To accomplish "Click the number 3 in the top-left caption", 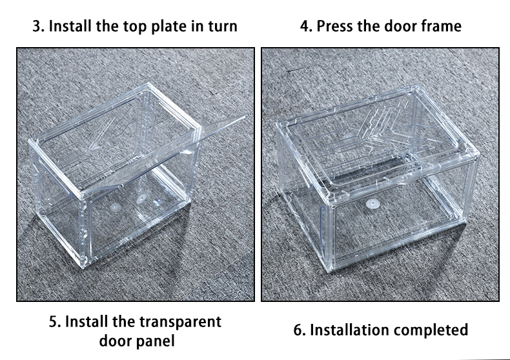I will [x=37, y=26].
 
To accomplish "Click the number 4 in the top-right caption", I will [x=305, y=26].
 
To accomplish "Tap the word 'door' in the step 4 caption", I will [x=399, y=26].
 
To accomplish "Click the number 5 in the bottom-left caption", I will [x=53, y=321].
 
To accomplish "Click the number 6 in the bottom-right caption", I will [x=298, y=330].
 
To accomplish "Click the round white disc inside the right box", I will [x=371, y=203].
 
